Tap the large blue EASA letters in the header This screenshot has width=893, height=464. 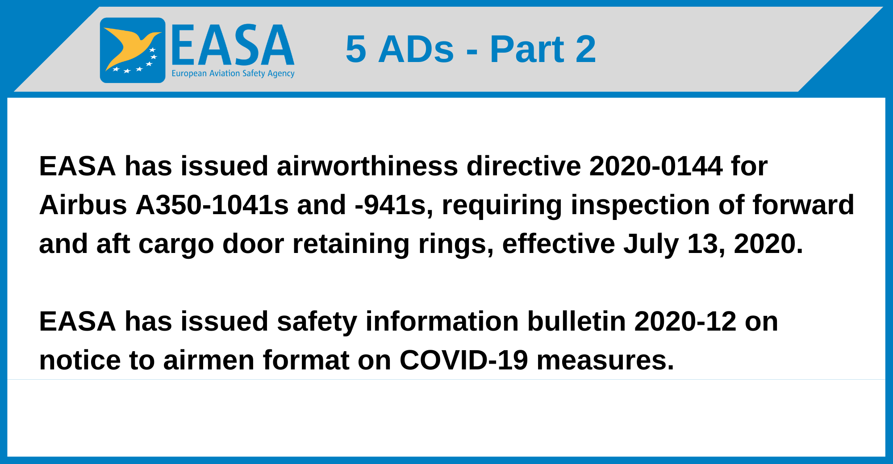[233, 45]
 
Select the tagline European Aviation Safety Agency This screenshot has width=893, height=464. [233, 73]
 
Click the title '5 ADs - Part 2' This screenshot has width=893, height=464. [471, 49]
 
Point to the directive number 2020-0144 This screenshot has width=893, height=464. [655, 166]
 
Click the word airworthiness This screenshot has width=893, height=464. [367, 166]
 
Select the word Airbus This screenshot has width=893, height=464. [83, 205]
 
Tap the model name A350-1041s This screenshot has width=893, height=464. [212, 205]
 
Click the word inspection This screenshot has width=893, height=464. [640, 205]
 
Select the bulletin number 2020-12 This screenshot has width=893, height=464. [685, 322]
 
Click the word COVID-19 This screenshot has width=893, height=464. [463, 360]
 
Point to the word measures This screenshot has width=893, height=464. [605, 360]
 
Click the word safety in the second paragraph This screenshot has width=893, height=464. [317, 322]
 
